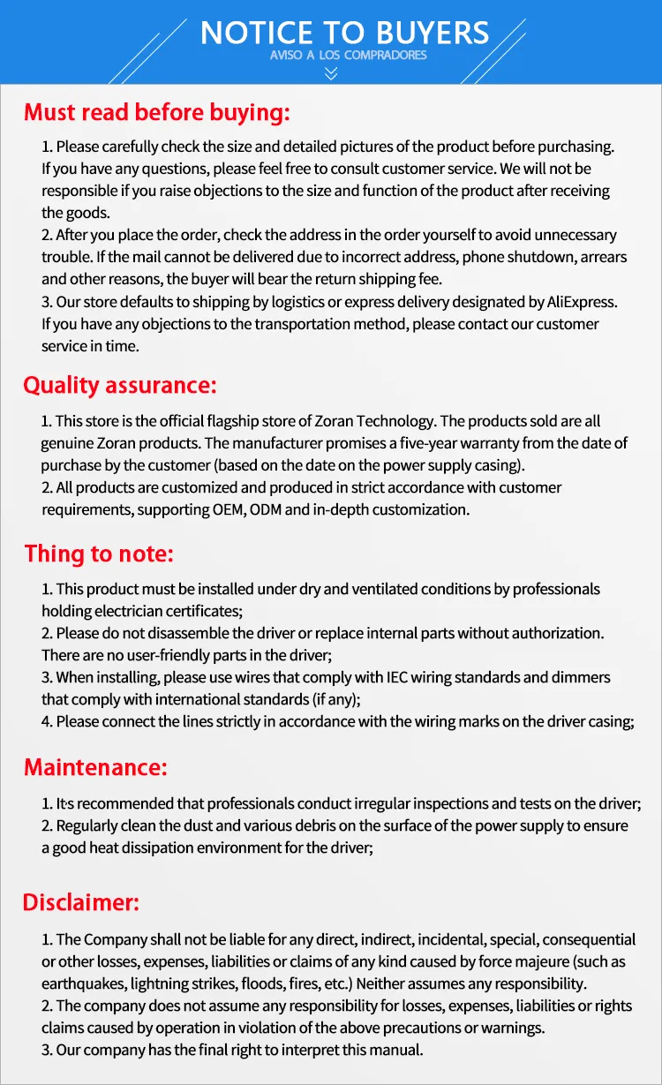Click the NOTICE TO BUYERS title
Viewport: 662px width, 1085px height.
344,33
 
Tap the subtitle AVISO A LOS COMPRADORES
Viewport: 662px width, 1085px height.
348,56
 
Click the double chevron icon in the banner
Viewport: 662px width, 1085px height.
331,74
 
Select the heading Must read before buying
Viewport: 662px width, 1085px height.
156,112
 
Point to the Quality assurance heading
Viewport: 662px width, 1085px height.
119,386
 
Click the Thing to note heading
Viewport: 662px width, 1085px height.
99,554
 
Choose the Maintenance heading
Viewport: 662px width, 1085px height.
94,767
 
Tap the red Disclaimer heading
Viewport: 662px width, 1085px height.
81,902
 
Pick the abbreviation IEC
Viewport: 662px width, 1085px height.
398,677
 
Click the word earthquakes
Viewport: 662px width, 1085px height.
80,983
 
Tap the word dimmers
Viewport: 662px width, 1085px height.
580,677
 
